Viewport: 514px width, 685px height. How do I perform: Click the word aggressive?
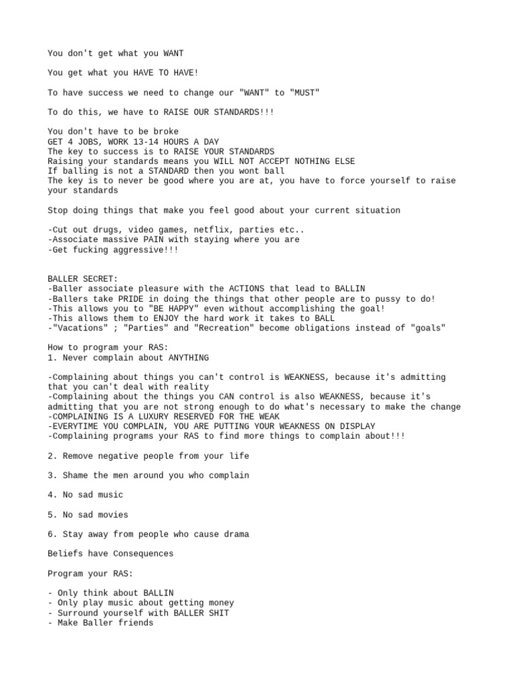pos(137,250)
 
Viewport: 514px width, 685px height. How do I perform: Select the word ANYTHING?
pos(185,358)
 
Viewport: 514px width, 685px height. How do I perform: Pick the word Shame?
pos(76,476)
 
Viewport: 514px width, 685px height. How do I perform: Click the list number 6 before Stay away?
pos(51,534)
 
